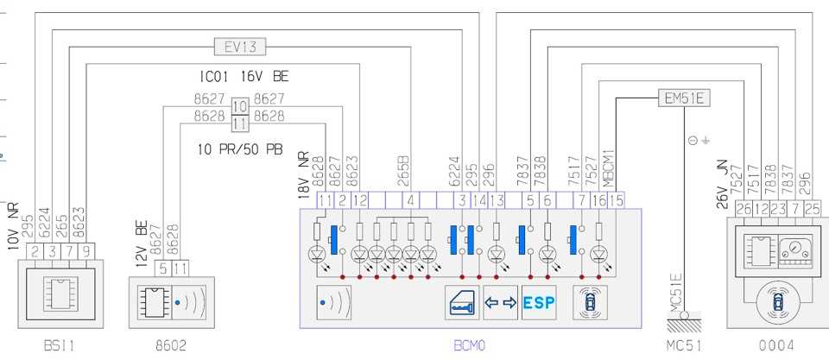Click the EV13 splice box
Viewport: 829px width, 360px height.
[x=240, y=46]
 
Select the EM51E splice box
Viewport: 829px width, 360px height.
[x=683, y=98]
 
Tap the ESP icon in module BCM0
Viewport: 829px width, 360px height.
[x=539, y=303]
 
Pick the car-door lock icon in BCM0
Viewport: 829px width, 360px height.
[x=462, y=303]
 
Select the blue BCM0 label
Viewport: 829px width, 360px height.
[x=470, y=346]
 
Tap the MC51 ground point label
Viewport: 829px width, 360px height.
[x=686, y=346]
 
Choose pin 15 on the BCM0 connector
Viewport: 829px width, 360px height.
[x=617, y=200]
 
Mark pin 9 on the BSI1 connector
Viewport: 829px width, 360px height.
[x=85, y=250]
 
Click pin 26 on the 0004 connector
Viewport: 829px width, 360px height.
[x=744, y=208]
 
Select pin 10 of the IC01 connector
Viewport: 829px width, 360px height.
[x=239, y=105]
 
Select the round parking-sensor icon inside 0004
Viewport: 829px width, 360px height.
[x=777, y=303]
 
